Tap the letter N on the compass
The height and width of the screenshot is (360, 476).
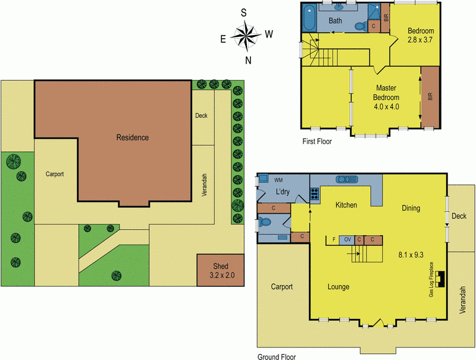248,60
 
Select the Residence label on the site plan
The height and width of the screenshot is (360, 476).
132,137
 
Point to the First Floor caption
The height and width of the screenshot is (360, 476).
317,142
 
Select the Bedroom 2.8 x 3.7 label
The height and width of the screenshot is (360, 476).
421,35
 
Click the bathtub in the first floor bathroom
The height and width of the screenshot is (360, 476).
309,19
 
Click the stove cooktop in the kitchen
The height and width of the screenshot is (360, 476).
314,193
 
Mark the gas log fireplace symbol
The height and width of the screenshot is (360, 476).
439,278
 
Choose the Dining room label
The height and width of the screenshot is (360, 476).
411,208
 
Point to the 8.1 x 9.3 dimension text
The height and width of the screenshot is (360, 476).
411,255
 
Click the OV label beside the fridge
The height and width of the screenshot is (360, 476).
347,239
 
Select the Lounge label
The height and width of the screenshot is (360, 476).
338,287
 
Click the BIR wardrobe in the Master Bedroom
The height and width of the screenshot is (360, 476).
430,96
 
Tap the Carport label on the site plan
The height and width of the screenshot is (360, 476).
54,174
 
